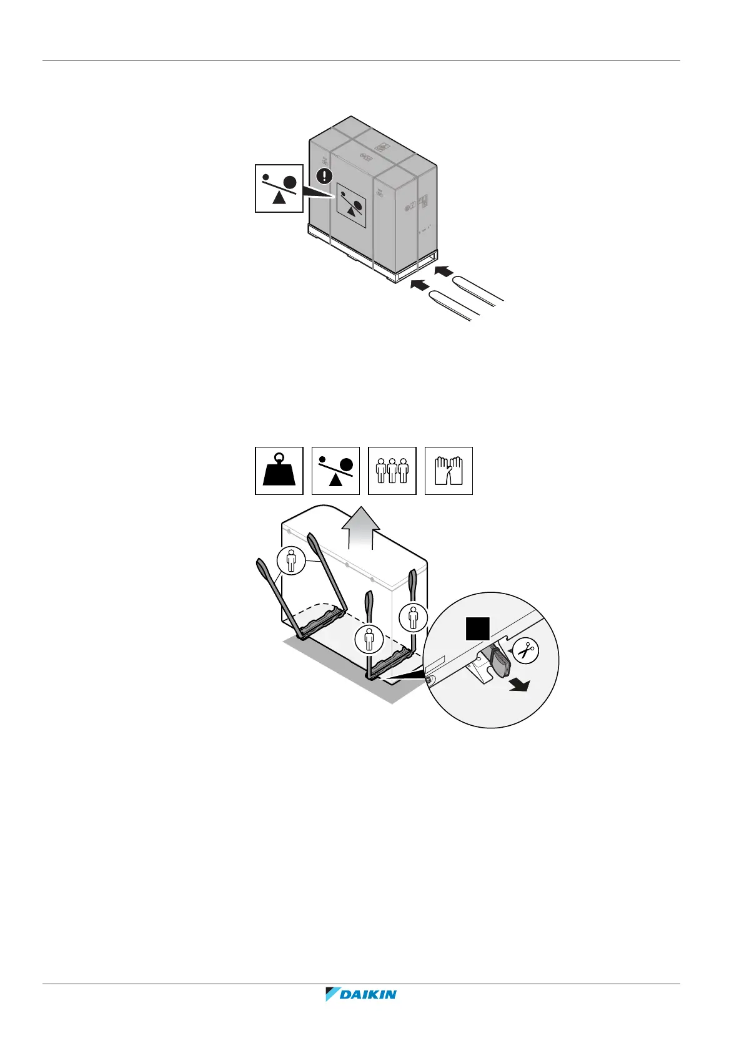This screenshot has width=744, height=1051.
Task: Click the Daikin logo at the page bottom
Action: pos(361,1012)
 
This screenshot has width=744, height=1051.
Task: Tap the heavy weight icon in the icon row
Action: pos(279,471)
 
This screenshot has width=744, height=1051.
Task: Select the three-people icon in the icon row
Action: pos(392,471)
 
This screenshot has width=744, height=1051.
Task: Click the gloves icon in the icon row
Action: pos(449,471)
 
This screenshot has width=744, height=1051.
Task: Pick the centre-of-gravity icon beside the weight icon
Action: pos(335,471)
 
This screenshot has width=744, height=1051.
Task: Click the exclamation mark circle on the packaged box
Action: pos(324,175)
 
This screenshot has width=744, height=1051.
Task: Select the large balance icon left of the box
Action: pos(279,188)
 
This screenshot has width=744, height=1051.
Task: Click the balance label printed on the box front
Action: pos(352,205)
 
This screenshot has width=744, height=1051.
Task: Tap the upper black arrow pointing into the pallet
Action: pos(442,271)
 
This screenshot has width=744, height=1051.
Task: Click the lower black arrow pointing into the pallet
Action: pos(419,285)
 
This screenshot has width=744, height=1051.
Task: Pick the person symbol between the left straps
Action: pos(292,560)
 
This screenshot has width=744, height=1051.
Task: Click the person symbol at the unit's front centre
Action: pos(369,640)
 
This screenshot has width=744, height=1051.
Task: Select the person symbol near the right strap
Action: pos(414,617)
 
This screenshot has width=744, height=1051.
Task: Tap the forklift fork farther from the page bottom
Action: pos(478,289)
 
